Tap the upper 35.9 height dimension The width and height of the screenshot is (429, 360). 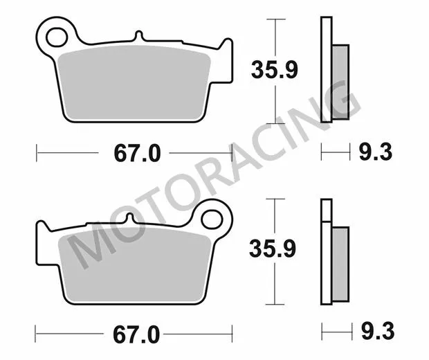click(x=272, y=69)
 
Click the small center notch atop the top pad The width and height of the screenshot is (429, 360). click(x=138, y=35)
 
